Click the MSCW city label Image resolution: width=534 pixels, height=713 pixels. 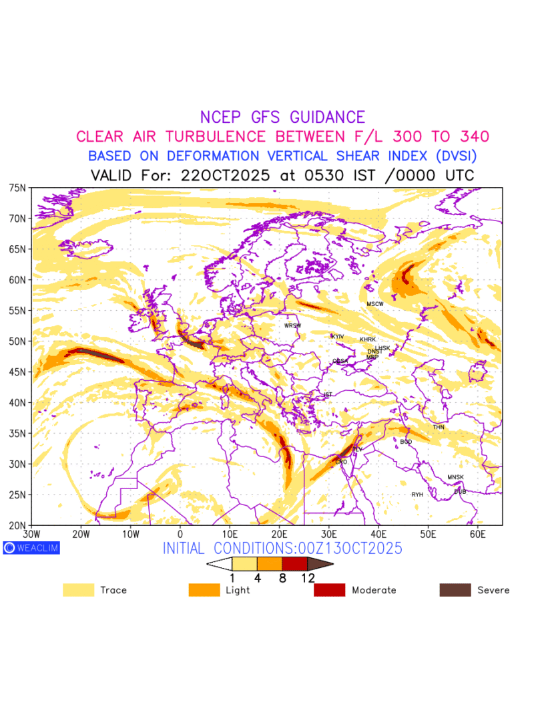[x=375, y=304]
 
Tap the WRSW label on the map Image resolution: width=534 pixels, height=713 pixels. [x=293, y=325]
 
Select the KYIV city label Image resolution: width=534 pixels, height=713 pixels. [x=338, y=336]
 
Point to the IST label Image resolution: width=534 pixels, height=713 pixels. [x=328, y=395]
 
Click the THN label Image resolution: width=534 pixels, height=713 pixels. [x=439, y=427]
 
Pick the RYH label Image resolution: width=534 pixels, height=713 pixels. [x=417, y=494]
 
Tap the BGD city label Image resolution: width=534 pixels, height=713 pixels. [x=406, y=442]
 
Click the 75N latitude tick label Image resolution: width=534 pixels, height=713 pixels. [x=17, y=188]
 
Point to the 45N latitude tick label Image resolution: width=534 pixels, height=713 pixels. [x=17, y=372]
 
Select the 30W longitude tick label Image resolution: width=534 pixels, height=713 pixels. [x=31, y=535]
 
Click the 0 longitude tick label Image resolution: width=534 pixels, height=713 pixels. [x=180, y=535]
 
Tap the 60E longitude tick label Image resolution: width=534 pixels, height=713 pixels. [x=478, y=535]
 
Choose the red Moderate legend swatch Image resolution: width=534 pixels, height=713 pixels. [x=329, y=590]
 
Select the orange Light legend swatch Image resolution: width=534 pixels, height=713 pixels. [x=204, y=590]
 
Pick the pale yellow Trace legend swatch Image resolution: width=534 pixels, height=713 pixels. [x=79, y=590]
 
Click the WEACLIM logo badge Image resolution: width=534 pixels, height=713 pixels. [x=31, y=548]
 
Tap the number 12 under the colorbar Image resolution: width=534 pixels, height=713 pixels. [x=308, y=579]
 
